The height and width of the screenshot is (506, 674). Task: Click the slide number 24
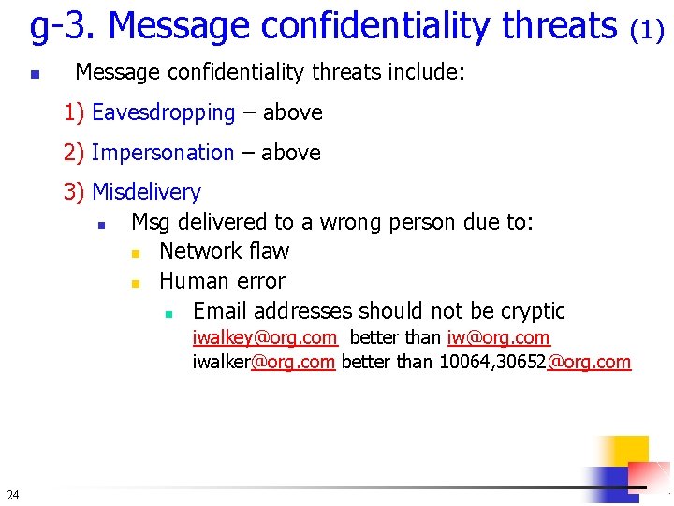coord(11,494)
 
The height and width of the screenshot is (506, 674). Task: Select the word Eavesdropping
coord(164,112)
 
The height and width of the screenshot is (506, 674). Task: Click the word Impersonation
coord(163,153)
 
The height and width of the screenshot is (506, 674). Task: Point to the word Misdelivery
coord(147,192)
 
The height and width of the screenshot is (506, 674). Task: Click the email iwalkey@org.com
coord(265,337)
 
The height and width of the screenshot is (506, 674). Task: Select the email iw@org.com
coord(499,337)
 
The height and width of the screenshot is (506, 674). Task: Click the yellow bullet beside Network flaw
coord(136,252)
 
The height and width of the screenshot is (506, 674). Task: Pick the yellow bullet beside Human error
coord(136,282)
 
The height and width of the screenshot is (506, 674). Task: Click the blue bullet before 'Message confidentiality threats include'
coord(34,73)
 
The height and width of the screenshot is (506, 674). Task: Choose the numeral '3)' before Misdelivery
coord(75,192)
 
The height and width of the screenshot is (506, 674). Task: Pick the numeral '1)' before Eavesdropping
coord(75,112)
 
